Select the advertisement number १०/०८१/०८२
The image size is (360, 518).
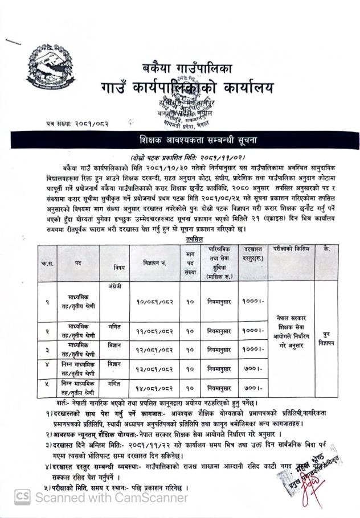coord(156,301)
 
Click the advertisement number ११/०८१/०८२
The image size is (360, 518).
coord(156,330)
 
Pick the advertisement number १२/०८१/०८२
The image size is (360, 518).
coord(156,349)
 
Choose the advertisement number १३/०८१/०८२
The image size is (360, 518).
coord(156,369)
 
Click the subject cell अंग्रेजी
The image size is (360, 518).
coord(114,286)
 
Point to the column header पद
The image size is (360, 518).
coord(77,263)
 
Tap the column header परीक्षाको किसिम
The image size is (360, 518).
coord(289,250)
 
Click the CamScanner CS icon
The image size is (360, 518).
coord(22,497)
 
